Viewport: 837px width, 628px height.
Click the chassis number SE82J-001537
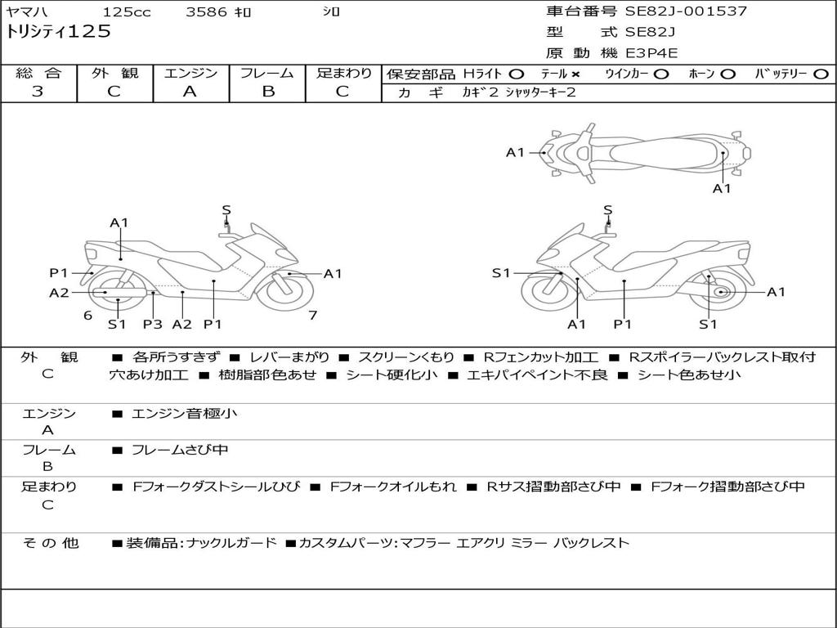tap(686, 11)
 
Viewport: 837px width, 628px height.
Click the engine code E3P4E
tap(651, 53)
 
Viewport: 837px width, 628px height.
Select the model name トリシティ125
tap(58, 32)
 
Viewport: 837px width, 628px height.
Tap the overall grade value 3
tap(38, 92)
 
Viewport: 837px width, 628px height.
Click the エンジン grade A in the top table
tap(190, 92)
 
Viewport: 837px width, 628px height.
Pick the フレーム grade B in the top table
tap(268, 92)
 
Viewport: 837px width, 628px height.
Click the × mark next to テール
tap(575, 74)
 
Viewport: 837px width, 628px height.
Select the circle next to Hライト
tap(517, 74)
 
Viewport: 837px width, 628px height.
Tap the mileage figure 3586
tap(206, 11)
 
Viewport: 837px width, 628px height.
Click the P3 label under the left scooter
tap(152, 324)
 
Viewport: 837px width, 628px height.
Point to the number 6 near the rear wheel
tap(87, 315)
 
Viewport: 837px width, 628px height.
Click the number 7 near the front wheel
tap(313, 315)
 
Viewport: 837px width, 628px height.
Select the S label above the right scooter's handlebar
tap(607, 210)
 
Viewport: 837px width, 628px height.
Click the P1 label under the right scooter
tap(622, 324)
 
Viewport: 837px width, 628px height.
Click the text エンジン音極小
tap(184, 413)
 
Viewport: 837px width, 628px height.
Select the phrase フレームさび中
tap(180, 450)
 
